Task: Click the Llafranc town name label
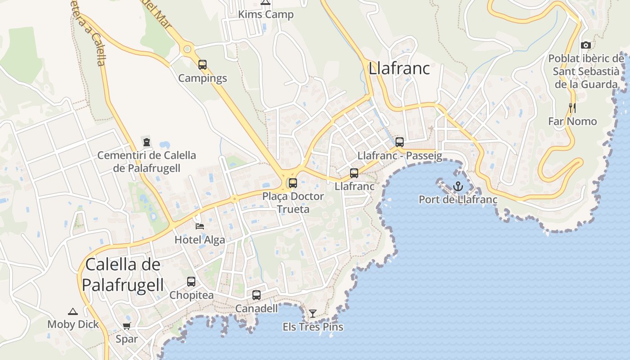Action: point(399,68)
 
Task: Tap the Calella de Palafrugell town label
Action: point(122,274)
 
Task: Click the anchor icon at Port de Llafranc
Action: point(458,186)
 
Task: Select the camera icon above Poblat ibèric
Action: point(585,45)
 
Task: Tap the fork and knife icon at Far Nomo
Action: point(572,108)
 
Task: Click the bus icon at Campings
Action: point(202,65)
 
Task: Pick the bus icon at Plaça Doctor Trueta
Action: point(293,183)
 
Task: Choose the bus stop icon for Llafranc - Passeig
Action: point(400,142)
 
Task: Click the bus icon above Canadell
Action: point(256,295)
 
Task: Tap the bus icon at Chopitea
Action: point(191,282)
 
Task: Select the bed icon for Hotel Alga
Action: point(199,226)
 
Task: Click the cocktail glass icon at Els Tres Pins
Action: point(313,313)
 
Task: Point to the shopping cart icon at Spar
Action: point(126,325)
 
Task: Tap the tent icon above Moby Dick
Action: point(73,311)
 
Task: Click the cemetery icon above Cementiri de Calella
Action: point(146,142)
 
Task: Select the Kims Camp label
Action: point(265,14)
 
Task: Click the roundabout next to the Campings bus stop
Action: point(187,49)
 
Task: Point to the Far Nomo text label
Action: point(572,121)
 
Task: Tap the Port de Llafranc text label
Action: point(458,199)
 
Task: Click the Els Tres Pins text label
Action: point(313,327)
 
